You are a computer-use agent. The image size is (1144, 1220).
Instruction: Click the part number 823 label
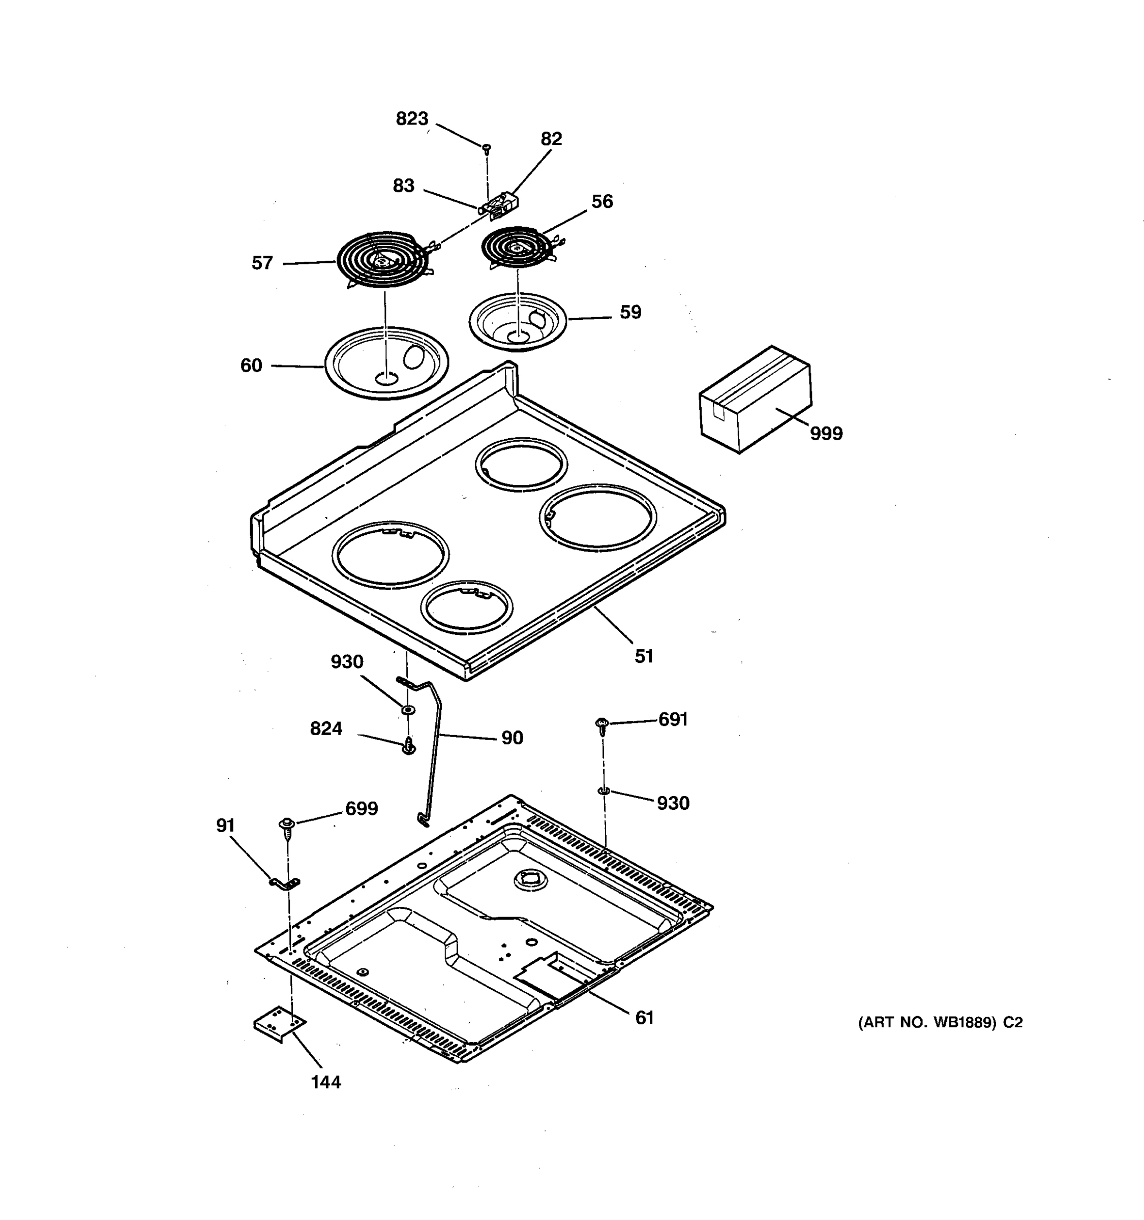pyautogui.click(x=412, y=118)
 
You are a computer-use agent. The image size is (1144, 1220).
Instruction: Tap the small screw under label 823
pyautogui.click(x=486, y=148)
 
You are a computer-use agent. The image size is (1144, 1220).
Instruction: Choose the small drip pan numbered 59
pyautogui.click(x=518, y=322)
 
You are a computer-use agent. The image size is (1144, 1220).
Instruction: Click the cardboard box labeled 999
pyautogui.click(x=756, y=400)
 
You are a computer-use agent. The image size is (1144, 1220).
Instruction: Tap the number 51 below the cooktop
pyautogui.click(x=644, y=657)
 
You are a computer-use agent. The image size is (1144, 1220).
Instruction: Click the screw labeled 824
pyautogui.click(x=409, y=747)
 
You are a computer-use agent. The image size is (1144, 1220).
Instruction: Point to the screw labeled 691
pyautogui.click(x=602, y=726)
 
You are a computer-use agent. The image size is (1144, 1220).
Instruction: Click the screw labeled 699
pyautogui.click(x=287, y=826)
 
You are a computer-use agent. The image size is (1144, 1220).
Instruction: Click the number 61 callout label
pyautogui.click(x=644, y=1018)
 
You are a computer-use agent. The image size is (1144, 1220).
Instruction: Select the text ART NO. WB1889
pyautogui.click(x=927, y=1022)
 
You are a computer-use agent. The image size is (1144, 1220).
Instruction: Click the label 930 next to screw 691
pyautogui.click(x=673, y=803)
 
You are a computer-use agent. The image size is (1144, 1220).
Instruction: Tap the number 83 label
pyautogui.click(x=404, y=186)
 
